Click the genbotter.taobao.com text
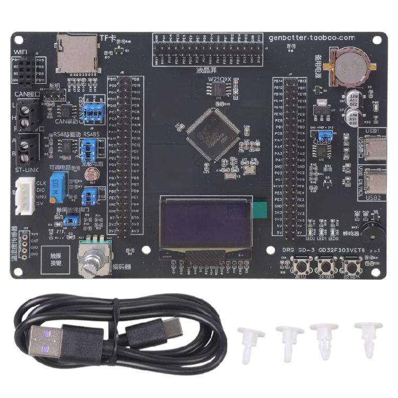click(x=311, y=38)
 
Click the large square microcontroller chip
click(x=207, y=135)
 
